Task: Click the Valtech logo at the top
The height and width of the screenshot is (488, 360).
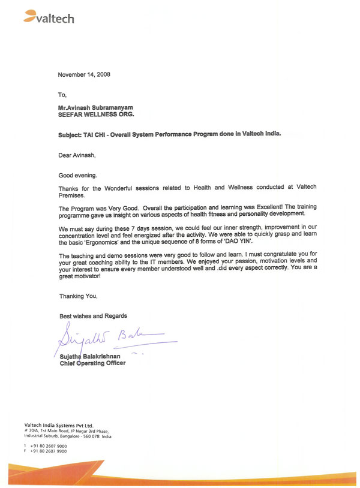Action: [x=49, y=18]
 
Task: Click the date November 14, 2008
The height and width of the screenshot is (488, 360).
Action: [x=84, y=75]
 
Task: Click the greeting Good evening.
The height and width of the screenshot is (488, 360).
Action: [x=77, y=176]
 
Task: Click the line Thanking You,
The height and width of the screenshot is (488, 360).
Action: [x=78, y=296]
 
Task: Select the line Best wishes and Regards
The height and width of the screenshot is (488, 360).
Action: [x=93, y=316]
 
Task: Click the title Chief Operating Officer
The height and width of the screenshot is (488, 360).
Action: [x=92, y=363]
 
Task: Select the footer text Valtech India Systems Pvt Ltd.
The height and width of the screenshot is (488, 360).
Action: [x=59, y=426]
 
